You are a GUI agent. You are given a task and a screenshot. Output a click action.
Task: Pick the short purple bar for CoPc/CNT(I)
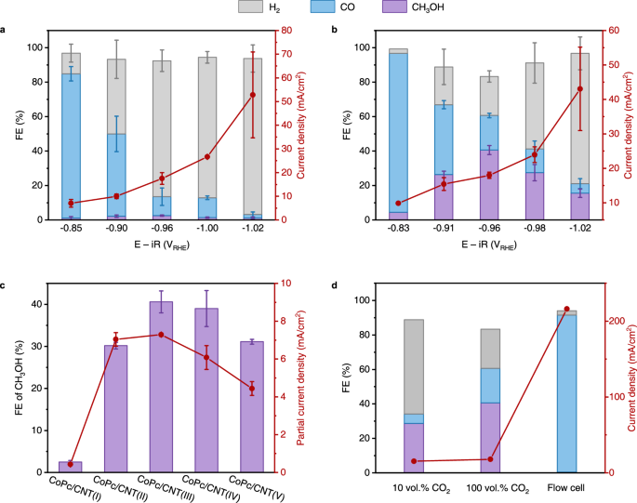pos(71,467)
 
